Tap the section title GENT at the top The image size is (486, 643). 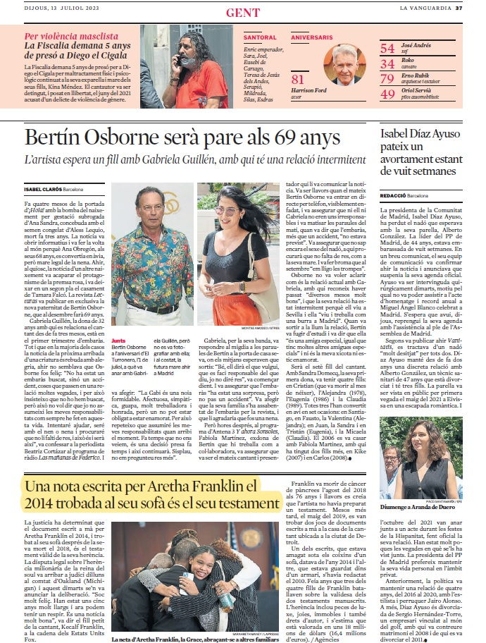tap(242, 13)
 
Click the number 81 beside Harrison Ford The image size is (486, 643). tap(298, 80)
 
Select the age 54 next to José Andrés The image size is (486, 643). tap(387, 49)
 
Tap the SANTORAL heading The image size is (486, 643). tap(260, 37)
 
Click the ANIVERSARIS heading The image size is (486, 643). tap(311, 37)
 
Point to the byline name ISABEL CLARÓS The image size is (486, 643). tap(42, 190)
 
